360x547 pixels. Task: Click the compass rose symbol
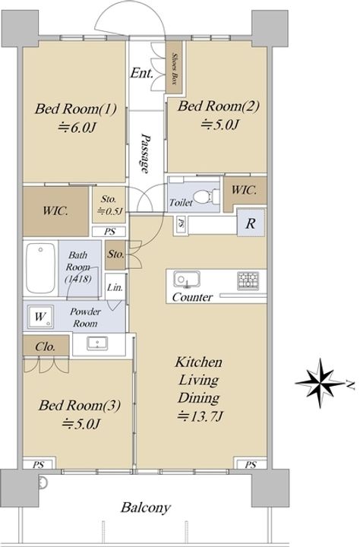point(321,383)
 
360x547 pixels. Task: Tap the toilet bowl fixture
point(206,197)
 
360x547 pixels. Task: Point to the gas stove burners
point(248,281)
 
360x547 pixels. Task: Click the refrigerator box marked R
point(251,223)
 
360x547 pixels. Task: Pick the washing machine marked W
point(40,317)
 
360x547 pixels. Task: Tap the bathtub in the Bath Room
point(41,268)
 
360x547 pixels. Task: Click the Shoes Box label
point(174,68)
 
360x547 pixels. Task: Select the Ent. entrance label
point(141,73)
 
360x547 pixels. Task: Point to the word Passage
point(146,153)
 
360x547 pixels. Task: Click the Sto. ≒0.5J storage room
point(109,205)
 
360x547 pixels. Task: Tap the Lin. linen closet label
point(115,288)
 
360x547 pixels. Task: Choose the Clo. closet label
point(46,346)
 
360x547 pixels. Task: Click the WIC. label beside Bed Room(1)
point(55,211)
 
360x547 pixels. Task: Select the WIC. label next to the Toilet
point(245,190)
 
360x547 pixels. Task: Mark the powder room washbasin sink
point(97,343)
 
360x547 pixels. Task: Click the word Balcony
point(146,507)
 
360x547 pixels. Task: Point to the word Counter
point(192,297)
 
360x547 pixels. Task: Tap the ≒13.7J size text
point(201,416)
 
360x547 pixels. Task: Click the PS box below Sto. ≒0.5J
point(109,231)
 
